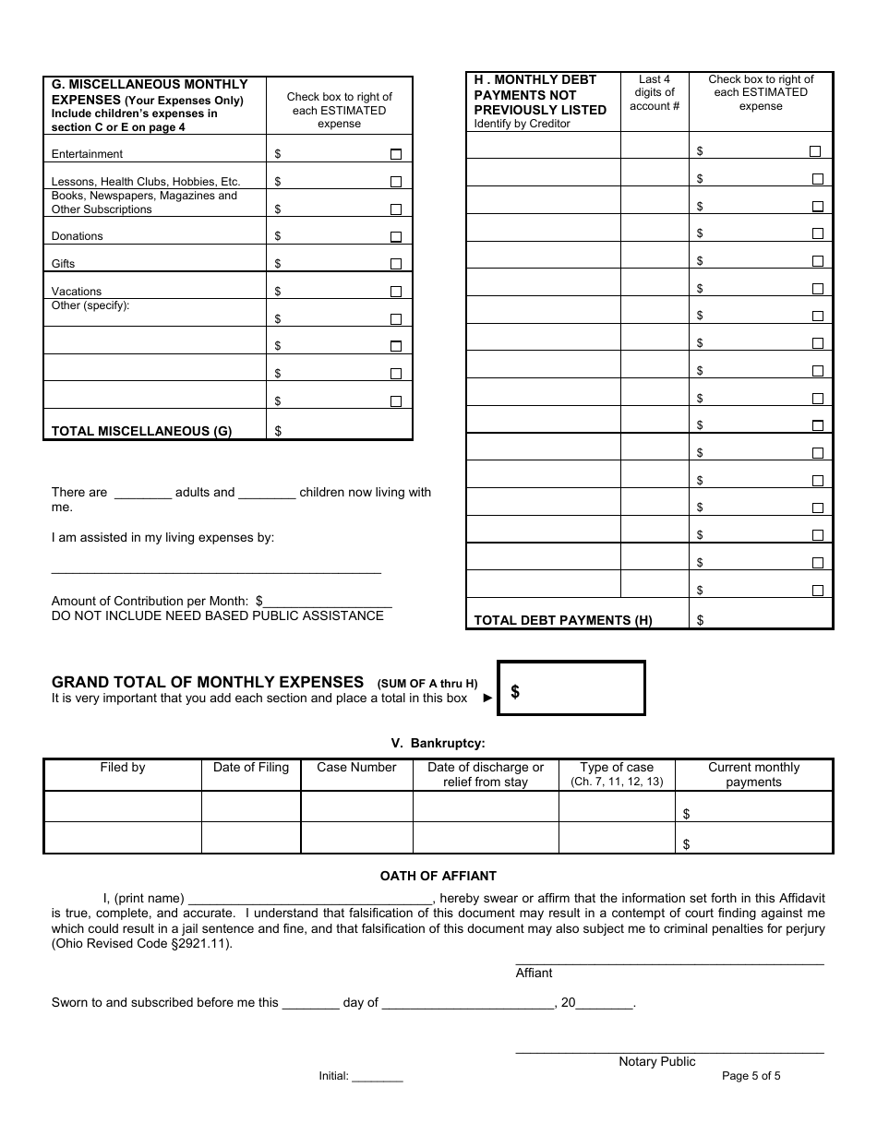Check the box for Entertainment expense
(396, 154)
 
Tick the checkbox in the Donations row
(396, 236)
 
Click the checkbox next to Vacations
(396, 292)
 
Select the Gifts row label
(64, 264)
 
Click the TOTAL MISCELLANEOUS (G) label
(141, 431)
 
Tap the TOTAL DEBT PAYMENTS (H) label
(563, 620)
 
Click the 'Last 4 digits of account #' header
(655, 93)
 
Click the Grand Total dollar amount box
(571, 688)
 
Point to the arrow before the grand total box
(488, 699)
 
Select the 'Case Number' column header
(356, 768)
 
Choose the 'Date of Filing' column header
(251, 768)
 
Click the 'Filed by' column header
(123, 768)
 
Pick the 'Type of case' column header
(617, 768)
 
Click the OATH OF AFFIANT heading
(438, 876)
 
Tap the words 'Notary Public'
(657, 1062)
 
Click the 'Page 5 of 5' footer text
(751, 1075)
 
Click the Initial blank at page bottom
(378, 1077)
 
